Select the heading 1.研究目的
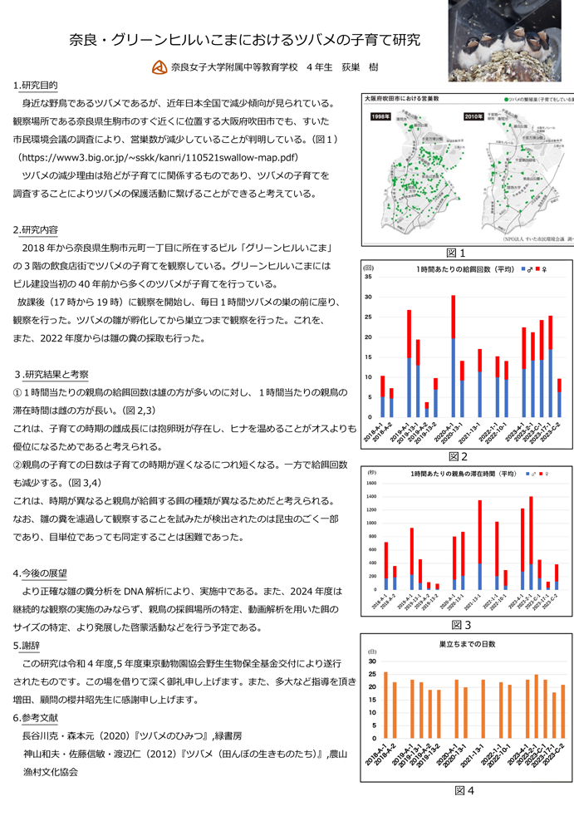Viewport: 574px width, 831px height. click(x=36, y=86)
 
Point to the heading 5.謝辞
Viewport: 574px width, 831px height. click(x=30, y=645)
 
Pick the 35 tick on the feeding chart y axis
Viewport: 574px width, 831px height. click(x=368, y=277)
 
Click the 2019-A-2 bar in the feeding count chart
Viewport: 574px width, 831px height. click(x=418, y=371)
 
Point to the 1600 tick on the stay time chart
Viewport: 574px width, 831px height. click(x=370, y=483)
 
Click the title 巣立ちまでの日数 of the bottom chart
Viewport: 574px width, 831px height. click(x=455, y=644)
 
